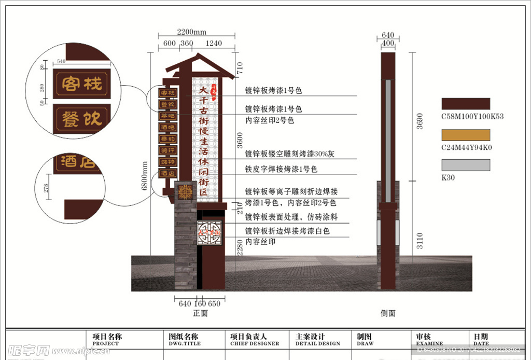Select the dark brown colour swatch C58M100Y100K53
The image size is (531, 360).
click(465, 104)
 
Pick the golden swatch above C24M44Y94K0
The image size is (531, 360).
click(465, 134)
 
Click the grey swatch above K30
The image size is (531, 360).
click(465, 165)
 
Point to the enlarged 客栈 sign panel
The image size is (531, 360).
click(82, 84)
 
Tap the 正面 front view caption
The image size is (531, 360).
click(200, 313)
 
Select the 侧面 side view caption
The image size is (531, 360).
click(388, 313)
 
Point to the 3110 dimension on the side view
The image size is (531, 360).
click(420, 240)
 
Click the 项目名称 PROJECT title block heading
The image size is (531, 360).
click(107, 339)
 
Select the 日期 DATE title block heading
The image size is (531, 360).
click(481, 339)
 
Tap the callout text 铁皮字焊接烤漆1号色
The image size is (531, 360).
click(281, 169)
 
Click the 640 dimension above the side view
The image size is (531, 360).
click(388, 35)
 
